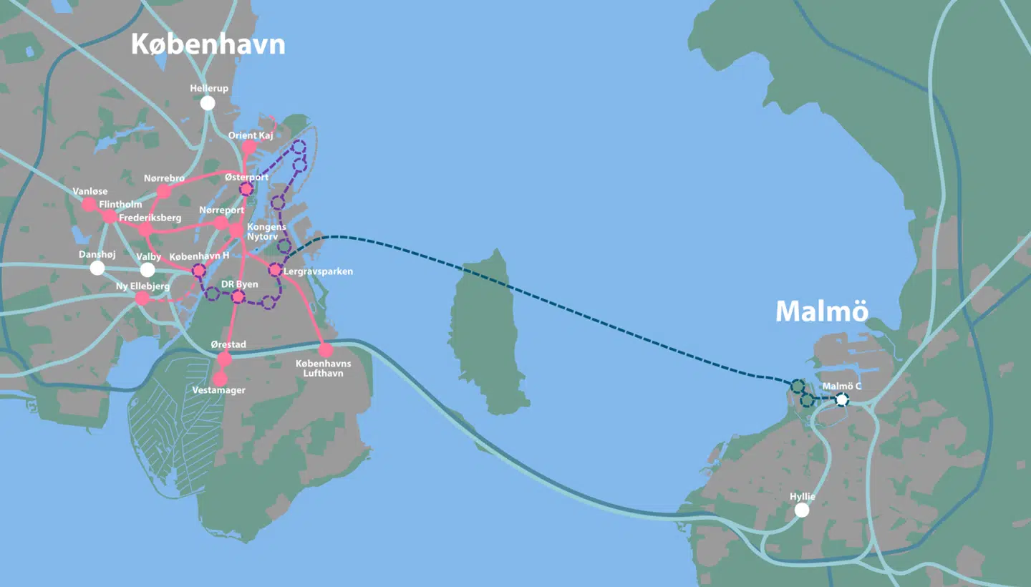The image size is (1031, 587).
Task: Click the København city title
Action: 208,44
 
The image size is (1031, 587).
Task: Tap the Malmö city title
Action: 822,311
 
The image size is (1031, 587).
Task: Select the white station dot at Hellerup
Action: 208,103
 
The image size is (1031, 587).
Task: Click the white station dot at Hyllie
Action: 802,510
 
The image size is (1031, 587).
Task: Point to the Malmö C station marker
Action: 842,399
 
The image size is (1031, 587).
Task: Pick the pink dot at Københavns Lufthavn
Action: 326,350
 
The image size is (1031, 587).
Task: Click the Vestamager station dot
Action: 220,379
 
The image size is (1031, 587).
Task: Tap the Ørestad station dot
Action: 225,359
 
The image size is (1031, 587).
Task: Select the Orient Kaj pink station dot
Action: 248,147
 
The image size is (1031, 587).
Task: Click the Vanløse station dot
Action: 89,205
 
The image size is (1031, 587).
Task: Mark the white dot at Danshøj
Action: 97,268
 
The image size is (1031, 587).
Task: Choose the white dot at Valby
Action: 147,270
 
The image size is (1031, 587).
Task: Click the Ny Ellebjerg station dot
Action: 142,299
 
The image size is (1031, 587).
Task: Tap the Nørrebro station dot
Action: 163,192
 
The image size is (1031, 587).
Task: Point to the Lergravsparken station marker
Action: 274,270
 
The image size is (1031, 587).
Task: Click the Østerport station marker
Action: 246,189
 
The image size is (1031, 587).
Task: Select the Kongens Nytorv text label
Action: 266,232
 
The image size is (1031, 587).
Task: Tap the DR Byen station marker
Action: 238,296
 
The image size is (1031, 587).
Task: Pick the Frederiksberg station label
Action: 151,218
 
